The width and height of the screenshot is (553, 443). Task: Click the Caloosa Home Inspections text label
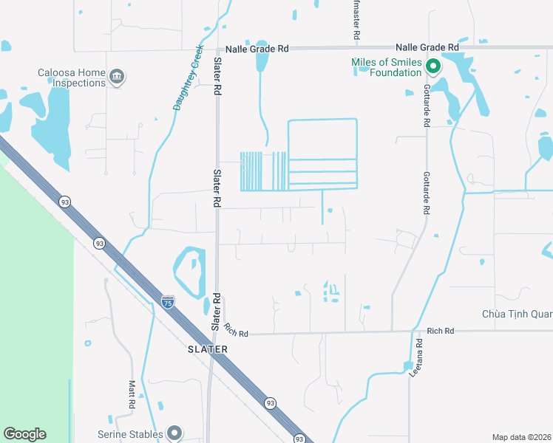point(72,78)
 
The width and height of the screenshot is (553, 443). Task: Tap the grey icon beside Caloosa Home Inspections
point(116,76)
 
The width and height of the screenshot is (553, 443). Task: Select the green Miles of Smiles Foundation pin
point(432,66)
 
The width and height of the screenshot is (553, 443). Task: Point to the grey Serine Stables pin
point(174,433)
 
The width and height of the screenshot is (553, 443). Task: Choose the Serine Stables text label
point(130,434)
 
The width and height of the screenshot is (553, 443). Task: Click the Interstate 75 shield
point(168,302)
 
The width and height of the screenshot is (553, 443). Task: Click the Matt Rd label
point(131,394)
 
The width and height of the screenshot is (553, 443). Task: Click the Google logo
point(24,434)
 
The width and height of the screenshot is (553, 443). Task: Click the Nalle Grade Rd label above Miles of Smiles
point(427,47)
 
